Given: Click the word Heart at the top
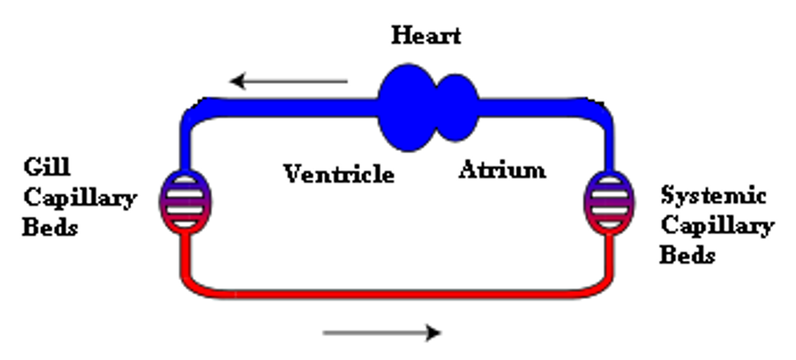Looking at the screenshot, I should click(x=426, y=35).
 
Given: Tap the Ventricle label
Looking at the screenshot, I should click(x=339, y=174).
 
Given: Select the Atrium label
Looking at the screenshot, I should click(x=502, y=169).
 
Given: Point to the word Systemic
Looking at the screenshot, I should click(x=712, y=196).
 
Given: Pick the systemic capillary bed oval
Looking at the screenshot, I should click(x=607, y=200).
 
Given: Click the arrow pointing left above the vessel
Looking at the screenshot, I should click(x=290, y=80).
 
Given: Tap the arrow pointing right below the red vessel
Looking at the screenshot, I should click(x=382, y=332).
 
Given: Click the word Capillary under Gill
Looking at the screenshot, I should click(x=80, y=199).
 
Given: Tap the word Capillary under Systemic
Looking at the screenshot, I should click(x=717, y=226).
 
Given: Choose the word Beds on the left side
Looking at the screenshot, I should click(x=50, y=227).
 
